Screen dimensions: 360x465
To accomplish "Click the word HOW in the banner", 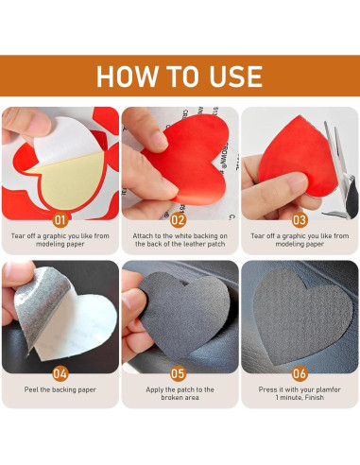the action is point(127,77).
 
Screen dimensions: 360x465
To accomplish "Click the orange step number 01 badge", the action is point(60,220).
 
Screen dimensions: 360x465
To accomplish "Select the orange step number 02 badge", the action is point(179,220).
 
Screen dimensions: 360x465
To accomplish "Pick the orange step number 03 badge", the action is point(300,220).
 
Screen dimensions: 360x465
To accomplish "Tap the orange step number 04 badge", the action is point(60,373).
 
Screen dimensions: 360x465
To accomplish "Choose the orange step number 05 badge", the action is point(179,373).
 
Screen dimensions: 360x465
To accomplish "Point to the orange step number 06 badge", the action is point(300,373).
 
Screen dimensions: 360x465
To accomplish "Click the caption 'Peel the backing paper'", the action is point(60,389).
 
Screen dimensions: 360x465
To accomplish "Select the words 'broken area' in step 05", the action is point(180,398).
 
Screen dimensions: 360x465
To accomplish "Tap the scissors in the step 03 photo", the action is point(339,170).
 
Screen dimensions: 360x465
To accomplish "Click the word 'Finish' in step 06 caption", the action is point(315,398).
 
